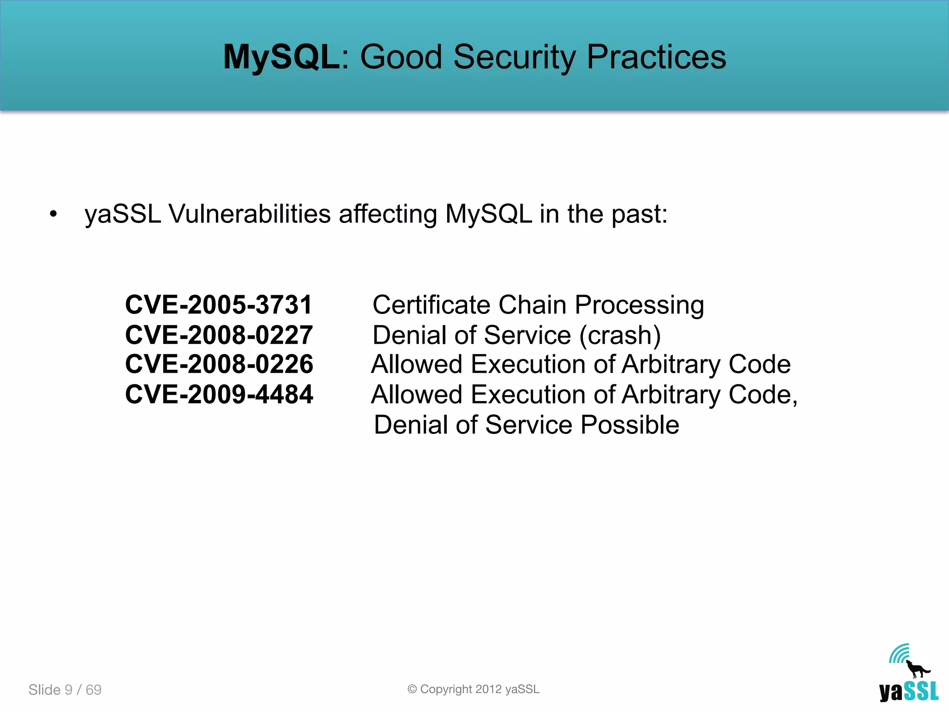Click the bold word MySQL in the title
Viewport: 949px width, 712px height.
point(281,57)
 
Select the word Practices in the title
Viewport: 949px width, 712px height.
point(656,57)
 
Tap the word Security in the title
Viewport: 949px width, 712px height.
point(514,57)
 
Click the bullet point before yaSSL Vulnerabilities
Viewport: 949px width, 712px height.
point(54,214)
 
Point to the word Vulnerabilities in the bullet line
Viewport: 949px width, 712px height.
point(249,214)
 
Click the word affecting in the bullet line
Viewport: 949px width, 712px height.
point(387,214)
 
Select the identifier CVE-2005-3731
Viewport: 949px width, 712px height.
point(219,305)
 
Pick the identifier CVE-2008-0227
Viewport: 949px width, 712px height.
point(219,335)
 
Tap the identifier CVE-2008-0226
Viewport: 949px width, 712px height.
point(219,364)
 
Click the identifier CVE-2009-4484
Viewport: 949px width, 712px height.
point(219,394)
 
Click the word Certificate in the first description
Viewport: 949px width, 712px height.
point(431,305)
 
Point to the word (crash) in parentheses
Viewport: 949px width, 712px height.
point(620,335)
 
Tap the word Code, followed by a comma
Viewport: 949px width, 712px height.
point(763,395)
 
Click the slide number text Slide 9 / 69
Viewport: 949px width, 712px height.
point(65,690)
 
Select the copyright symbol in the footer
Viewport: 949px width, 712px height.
point(412,689)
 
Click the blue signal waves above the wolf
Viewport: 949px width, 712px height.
point(899,654)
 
